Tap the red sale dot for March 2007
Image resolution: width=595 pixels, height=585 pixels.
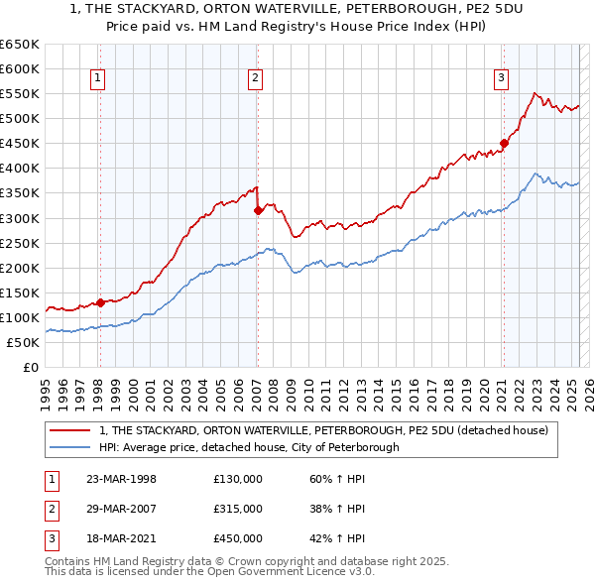tap(257, 209)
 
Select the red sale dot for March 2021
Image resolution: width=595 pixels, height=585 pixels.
tap(504, 143)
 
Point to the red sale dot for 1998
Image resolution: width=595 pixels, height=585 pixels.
tap(100, 302)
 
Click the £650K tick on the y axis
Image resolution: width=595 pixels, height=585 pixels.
tap(20, 45)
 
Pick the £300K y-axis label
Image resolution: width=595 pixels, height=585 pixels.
tap(20, 218)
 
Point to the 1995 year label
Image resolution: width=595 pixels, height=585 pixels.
tap(46, 392)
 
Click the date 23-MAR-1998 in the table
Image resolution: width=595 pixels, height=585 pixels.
tap(121, 479)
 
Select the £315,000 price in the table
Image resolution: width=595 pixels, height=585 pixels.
tap(238, 509)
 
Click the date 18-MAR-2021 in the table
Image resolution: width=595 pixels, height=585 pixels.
tap(121, 538)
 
